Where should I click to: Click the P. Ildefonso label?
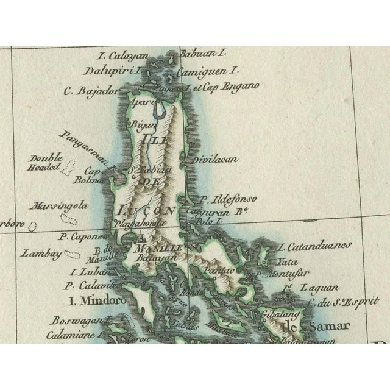pyautogui.click(x=229, y=199)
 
